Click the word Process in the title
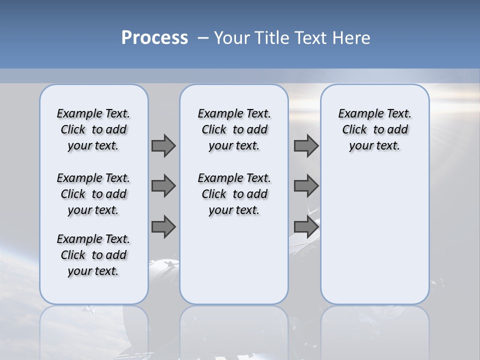pos(154,38)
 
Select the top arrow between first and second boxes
pos(163,145)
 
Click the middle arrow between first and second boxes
pos(163,186)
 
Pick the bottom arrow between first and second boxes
pos(163,226)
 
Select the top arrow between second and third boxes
pos(306,145)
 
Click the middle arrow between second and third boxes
pos(306,186)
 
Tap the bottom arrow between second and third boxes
pos(306,226)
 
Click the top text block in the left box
pos(93,129)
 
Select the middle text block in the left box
pos(93,194)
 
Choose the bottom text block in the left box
pos(93,255)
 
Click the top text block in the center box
pos(234,129)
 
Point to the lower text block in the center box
pos(234,194)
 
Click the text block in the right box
pos(374,129)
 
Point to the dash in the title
pos(203,38)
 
